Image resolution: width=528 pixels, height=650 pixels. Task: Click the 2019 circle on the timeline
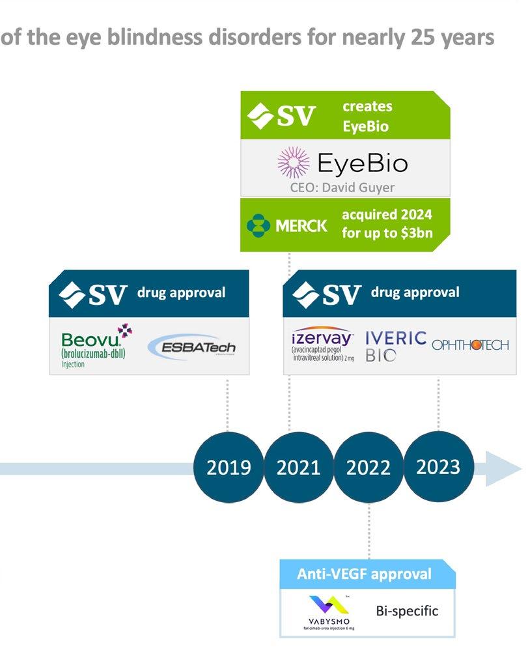click(228, 467)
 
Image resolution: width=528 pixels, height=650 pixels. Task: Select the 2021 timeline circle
click(298, 467)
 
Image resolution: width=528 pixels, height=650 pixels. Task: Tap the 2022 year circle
click(368, 467)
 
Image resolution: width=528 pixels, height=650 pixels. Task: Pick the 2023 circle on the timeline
click(438, 466)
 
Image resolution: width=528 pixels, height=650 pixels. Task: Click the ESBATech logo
click(191, 346)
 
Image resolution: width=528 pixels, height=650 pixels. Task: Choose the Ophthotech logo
click(470, 345)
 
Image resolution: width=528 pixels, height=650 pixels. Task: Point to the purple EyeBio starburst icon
click(292, 163)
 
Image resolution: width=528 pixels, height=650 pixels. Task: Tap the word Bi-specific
click(407, 611)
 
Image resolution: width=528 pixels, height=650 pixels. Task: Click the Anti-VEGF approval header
click(364, 574)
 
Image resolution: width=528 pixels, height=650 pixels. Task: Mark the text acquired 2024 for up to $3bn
click(387, 225)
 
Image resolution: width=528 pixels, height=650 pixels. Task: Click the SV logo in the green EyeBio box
click(282, 116)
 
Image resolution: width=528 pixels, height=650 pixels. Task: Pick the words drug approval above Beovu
click(181, 292)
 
